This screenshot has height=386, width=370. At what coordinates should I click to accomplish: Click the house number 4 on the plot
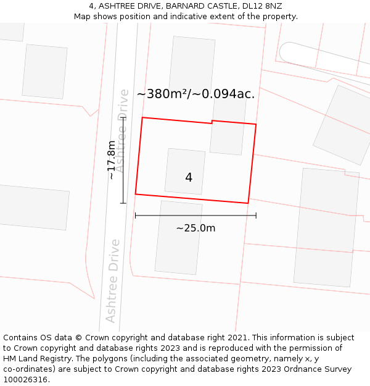click(189, 178)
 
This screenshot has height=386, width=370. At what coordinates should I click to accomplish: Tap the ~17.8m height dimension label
click(111, 160)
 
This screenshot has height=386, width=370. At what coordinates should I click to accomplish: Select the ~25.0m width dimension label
click(195, 228)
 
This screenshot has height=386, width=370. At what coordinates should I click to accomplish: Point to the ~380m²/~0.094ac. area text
click(195, 94)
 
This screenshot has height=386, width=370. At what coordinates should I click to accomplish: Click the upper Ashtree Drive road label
click(123, 130)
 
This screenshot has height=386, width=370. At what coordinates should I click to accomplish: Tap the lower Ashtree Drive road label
click(112, 280)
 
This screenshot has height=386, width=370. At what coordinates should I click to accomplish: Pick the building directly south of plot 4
click(178, 238)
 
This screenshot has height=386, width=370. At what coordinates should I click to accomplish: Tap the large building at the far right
click(326, 227)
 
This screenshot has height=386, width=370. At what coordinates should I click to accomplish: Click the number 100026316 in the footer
click(25, 380)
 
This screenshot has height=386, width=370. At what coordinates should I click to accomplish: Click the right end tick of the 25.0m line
click(256, 215)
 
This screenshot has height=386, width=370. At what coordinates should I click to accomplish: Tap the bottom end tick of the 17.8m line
click(123, 203)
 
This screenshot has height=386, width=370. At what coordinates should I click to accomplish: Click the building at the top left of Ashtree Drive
click(44, 72)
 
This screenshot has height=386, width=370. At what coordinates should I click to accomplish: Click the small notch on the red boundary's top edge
click(212, 122)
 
